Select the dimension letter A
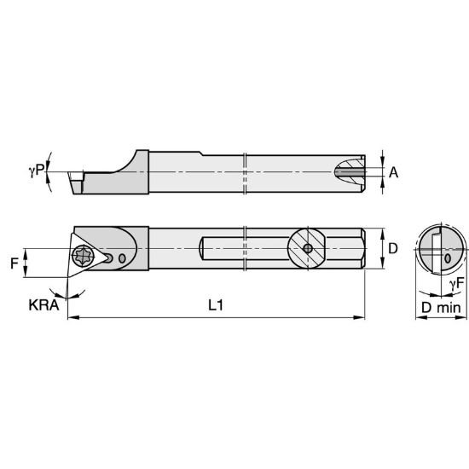tap(393, 172)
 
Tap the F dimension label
tap(14, 263)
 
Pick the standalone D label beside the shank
tap(393, 248)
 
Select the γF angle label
tap(457, 281)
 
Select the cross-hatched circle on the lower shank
tap(304, 249)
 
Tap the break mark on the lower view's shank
tap(245, 249)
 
